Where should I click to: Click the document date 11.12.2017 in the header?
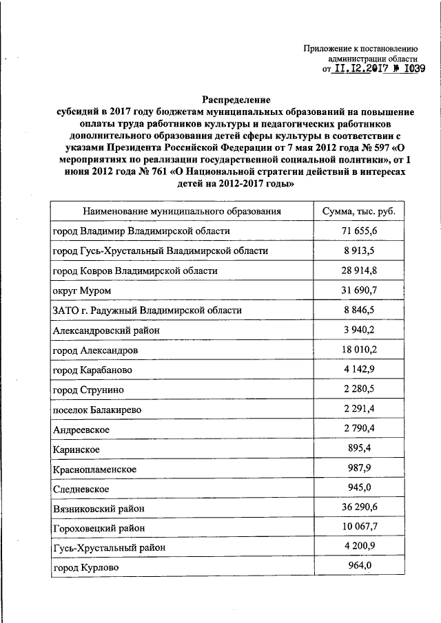point(362,69)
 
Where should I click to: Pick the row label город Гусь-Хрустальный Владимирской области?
point(161,251)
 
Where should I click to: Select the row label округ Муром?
point(82,291)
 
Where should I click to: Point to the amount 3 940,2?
point(359,330)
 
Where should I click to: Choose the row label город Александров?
point(95,351)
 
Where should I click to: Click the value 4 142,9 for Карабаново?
point(359,370)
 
